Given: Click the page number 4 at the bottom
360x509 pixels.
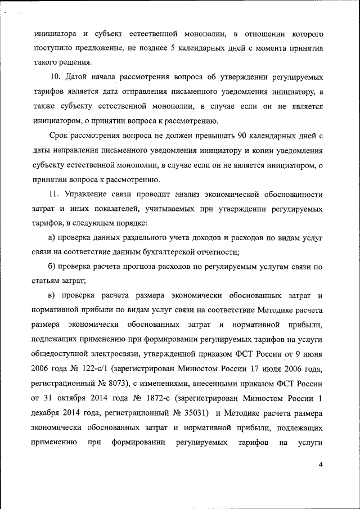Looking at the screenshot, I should (320, 464).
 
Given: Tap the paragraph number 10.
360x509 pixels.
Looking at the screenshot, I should (56, 76).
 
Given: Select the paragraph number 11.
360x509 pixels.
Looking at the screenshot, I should (56, 195).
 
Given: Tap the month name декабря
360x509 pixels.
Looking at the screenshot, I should (50, 413).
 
